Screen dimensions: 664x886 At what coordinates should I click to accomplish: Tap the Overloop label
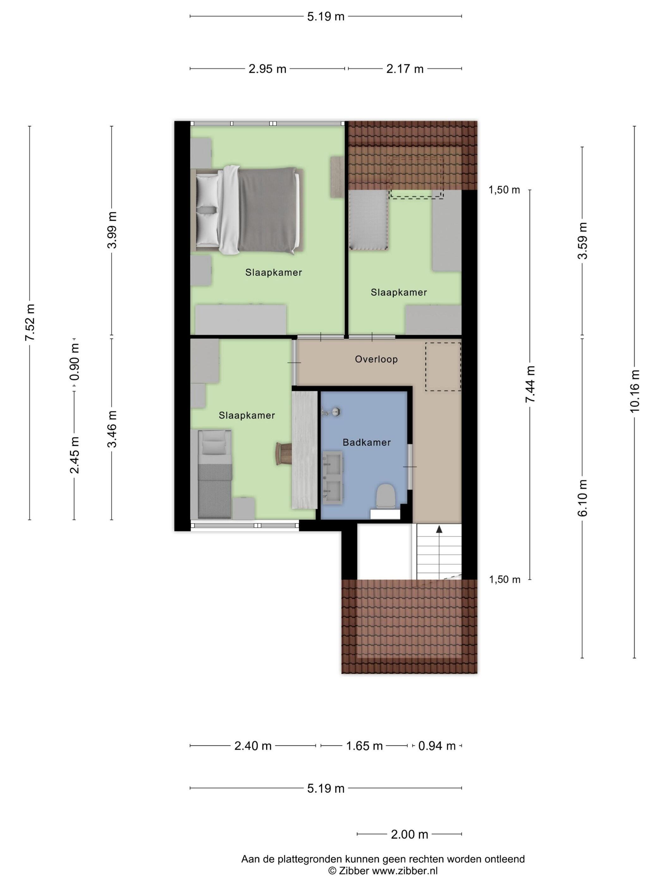376,359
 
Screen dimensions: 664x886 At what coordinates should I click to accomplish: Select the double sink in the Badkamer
333,476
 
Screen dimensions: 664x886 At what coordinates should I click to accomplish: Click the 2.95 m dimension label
267,69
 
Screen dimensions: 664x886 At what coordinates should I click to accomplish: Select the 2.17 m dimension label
405,69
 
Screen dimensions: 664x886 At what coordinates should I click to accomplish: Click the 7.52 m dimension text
30,322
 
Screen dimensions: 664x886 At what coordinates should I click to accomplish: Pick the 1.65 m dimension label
364,746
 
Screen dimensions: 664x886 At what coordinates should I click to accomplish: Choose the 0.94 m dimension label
437,746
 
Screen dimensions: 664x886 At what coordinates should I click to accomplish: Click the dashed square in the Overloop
443,366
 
